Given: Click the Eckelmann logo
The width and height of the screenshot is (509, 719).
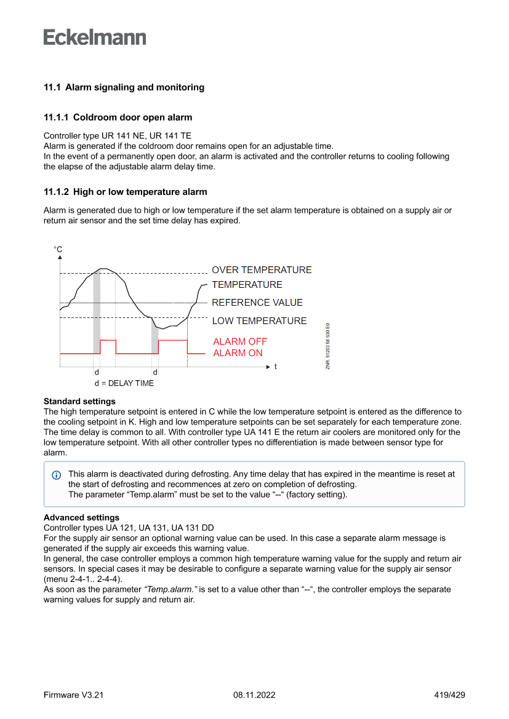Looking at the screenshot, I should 95,38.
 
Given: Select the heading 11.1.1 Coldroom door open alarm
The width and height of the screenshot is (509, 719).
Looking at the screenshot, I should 118,117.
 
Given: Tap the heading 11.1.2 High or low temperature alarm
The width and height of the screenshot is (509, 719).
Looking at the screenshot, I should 125,192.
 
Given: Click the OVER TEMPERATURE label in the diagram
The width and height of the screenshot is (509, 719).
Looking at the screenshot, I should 262,270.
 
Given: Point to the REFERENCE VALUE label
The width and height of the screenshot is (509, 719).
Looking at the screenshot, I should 257,303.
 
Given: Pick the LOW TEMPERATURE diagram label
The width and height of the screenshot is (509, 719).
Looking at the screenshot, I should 259,321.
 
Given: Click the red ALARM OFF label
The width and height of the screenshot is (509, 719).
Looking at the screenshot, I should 240,341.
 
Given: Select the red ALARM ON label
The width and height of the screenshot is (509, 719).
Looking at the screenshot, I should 238,353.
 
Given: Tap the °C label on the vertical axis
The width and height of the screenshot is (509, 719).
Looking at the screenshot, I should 58,250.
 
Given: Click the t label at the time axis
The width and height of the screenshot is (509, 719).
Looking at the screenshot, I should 275,367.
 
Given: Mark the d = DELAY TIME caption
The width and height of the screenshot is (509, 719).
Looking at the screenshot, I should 124,383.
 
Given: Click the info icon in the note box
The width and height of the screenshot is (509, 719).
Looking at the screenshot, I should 57,475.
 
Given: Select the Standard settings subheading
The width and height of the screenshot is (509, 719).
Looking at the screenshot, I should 79,402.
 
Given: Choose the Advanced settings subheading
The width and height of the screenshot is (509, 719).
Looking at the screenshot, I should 81,518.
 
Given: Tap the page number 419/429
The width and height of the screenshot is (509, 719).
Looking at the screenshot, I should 449,696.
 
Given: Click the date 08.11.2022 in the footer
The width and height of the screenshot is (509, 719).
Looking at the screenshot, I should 254,696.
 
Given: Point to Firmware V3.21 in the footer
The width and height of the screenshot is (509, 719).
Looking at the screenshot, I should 73,696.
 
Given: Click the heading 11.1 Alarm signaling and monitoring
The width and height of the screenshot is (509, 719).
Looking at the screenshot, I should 124,87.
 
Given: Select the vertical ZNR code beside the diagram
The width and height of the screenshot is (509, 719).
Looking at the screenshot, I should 328,346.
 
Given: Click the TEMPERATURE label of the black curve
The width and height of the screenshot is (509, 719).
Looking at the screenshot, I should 247,285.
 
